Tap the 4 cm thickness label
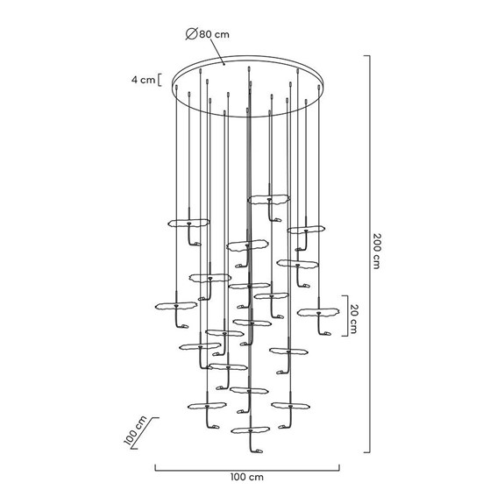[x=143, y=80]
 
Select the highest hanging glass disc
[x=268, y=200]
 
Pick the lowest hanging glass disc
[x=251, y=430]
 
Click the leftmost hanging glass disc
[x=174, y=306]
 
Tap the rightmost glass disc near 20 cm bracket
[x=317, y=312]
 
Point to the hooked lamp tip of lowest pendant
[x=257, y=452]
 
